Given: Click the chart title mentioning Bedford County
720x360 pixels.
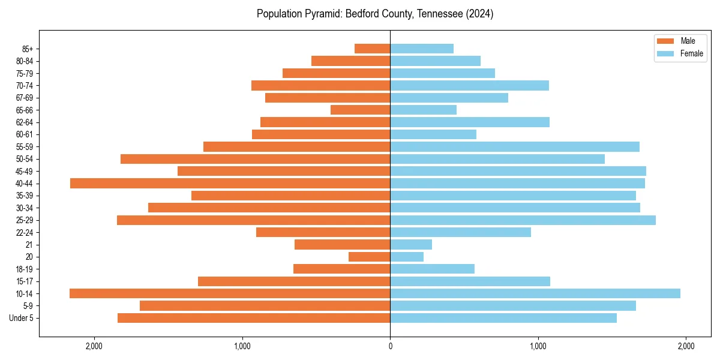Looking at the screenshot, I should click(375, 14).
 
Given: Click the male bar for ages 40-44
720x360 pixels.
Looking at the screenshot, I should click(230, 183).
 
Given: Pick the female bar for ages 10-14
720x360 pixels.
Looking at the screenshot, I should click(535, 293).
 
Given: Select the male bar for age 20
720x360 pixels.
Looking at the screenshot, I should click(370, 257).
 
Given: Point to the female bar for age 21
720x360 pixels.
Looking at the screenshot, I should click(411, 244).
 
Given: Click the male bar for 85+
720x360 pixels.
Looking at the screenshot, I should click(373, 49).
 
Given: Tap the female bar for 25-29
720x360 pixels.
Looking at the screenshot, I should click(523, 220).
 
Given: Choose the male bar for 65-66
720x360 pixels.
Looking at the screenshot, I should click(361, 110).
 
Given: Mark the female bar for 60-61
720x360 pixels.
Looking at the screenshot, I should click(433, 134).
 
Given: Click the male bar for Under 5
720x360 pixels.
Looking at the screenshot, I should click(254, 318).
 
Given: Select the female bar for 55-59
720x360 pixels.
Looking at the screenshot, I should click(515, 146).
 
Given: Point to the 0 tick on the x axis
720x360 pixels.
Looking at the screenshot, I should click(390, 346).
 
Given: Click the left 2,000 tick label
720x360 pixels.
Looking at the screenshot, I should click(94, 346).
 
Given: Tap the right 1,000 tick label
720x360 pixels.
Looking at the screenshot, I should click(538, 346).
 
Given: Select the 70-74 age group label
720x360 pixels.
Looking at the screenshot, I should click(25, 85).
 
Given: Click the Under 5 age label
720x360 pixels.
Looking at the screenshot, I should click(22, 318).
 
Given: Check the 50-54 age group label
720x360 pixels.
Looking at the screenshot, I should click(25, 159).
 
